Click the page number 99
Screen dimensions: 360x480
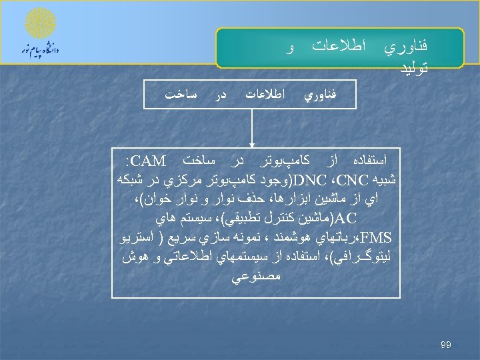pyautogui.click(x=446, y=345)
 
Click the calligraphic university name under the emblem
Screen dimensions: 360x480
pyautogui.click(x=40, y=49)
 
